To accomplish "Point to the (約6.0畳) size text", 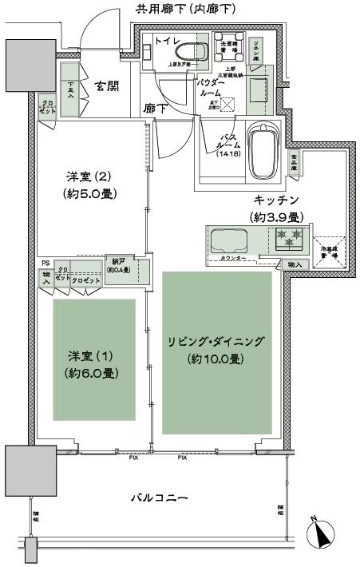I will (93, 373).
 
